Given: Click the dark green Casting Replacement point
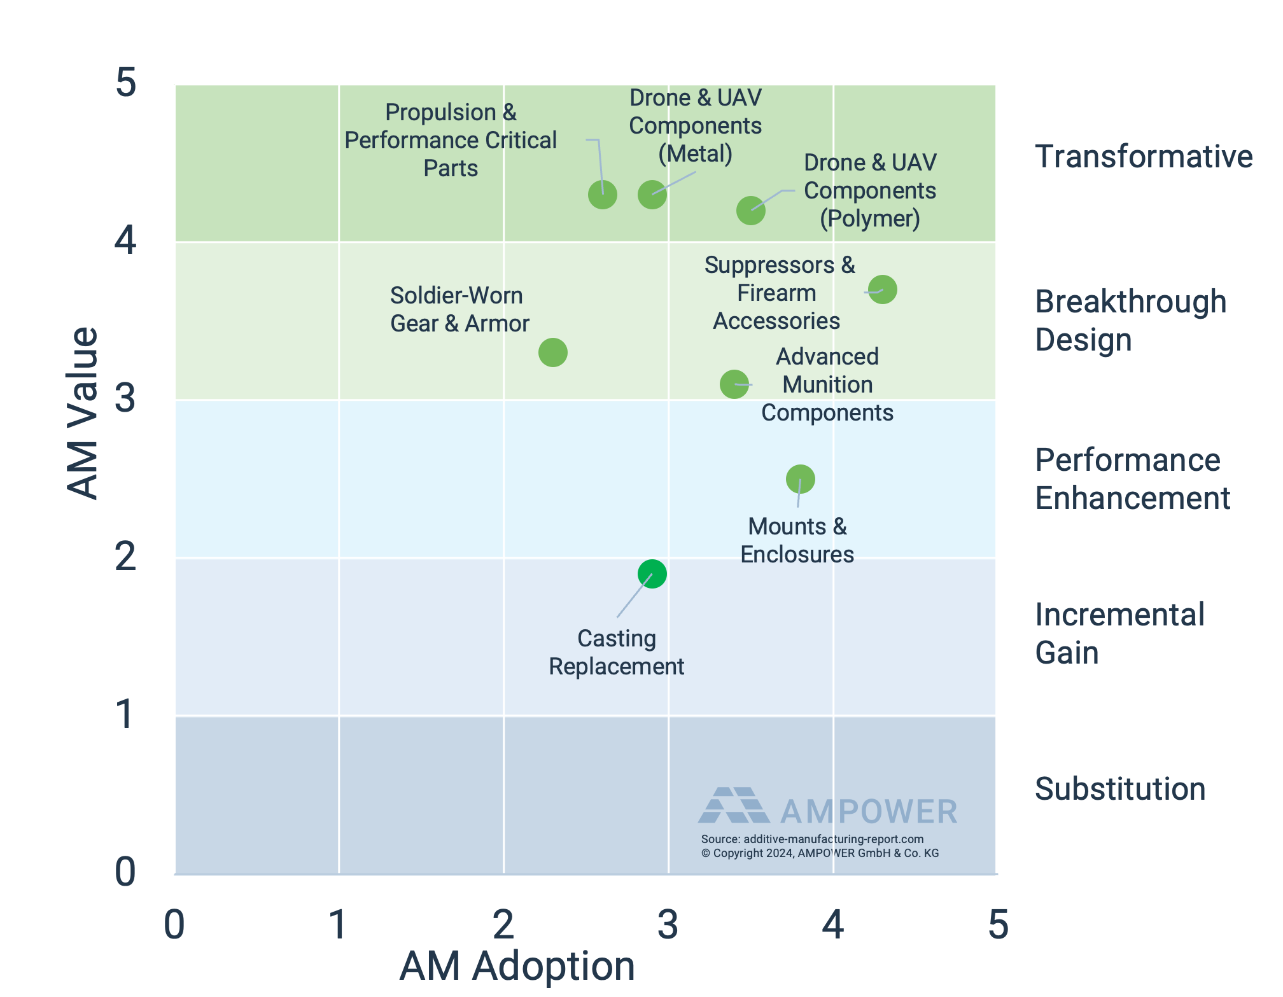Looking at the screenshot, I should pyautogui.click(x=652, y=574).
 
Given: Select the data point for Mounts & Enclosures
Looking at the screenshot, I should pyautogui.click(x=800, y=479).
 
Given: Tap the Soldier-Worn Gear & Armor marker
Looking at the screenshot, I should pyautogui.click(x=552, y=352).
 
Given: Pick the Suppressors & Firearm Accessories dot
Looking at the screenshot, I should pyautogui.click(x=882, y=289).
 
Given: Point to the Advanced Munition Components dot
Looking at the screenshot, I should pyautogui.click(x=734, y=384).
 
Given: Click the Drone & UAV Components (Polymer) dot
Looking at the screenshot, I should pyautogui.click(x=750, y=211).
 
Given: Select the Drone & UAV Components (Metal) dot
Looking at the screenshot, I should pyautogui.click(x=652, y=195).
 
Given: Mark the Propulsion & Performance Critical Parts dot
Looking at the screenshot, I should pyautogui.click(x=602, y=195).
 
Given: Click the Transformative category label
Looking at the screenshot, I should pyautogui.click(x=1143, y=157).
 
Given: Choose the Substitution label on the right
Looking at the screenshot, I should pyautogui.click(x=1119, y=789).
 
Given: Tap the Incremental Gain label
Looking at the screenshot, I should pyautogui.click(x=1119, y=633).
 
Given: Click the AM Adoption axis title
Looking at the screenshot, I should pyautogui.click(x=517, y=966).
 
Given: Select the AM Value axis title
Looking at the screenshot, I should pyautogui.click(x=83, y=414).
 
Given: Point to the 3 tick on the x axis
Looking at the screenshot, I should pyautogui.click(x=668, y=924).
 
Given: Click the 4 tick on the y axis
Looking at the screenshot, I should pyautogui.click(x=125, y=241).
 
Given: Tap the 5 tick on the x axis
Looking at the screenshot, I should pyautogui.click(x=998, y=924).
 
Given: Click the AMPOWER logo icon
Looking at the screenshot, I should pyautogui.click(x=733, y=805).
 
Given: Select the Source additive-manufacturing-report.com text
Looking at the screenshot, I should pyautogui.click(x=812, y=839).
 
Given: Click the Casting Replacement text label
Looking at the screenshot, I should pyautogui.click(x=616, y=652).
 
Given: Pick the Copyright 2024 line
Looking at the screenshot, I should pyautogui.click(x=820, y=853).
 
